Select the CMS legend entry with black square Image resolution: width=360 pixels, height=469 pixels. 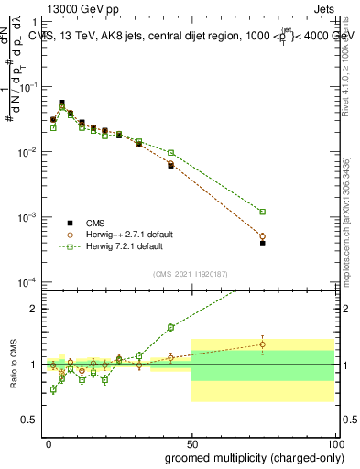[x=70, y=222]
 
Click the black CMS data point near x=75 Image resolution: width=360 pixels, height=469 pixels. [x=262, y=244]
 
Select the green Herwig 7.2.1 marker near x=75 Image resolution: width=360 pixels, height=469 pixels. [x=262, y=212]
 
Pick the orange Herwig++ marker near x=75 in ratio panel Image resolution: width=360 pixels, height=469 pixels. [x=262, y=344]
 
